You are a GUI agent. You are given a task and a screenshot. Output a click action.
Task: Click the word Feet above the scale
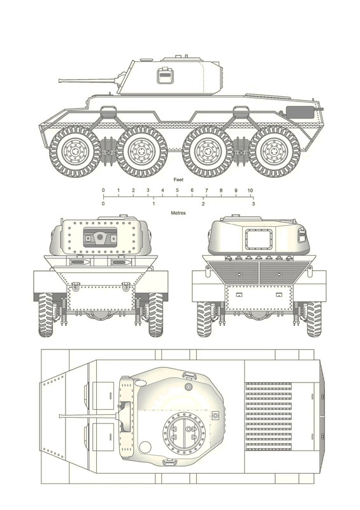tap(178, 180)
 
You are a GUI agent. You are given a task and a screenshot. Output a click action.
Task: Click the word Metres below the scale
tap(178, 213)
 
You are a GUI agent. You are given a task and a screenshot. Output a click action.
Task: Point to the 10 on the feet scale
tap(250, 191)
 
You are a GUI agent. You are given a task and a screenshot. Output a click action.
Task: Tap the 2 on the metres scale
tap(203, 204)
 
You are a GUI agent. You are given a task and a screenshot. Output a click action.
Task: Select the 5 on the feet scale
tap(177, 191)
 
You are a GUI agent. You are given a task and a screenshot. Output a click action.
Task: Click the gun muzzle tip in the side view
tap(59, 80)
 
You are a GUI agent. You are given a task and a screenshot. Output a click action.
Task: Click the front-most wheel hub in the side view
tap(75, 152)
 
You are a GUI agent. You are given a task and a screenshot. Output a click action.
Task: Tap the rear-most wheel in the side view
tap(275, 152)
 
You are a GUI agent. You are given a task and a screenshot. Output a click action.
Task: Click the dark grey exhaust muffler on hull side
tap(301, 112)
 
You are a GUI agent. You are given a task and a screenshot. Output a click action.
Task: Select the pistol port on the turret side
tap(166, 75)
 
